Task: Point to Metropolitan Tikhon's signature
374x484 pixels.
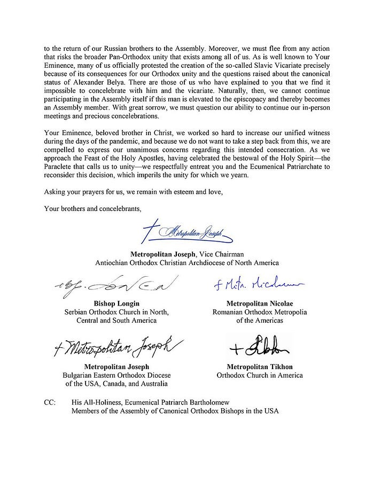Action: (259, 347)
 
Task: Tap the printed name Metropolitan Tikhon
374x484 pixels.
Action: (260, 366)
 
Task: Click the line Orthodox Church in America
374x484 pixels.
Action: (260, 375)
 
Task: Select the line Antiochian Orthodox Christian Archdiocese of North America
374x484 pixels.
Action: (186, 263)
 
